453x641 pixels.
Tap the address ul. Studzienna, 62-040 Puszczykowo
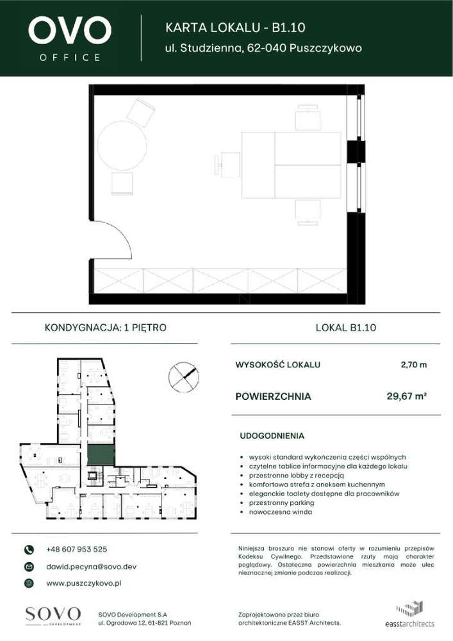click(263, 48)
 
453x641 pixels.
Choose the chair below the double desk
click(308, 211)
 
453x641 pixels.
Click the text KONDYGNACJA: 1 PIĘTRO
click(106, 328)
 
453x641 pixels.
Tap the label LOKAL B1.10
click(346, 328)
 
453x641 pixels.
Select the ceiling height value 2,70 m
click(413, 365)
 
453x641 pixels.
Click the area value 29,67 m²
click(407, 396)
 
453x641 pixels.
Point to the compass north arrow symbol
click(183, 376)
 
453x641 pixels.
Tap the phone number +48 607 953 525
click(77, 549)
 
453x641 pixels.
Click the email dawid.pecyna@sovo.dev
click(91, 567)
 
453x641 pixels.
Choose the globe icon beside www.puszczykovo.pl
click(28, 583)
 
